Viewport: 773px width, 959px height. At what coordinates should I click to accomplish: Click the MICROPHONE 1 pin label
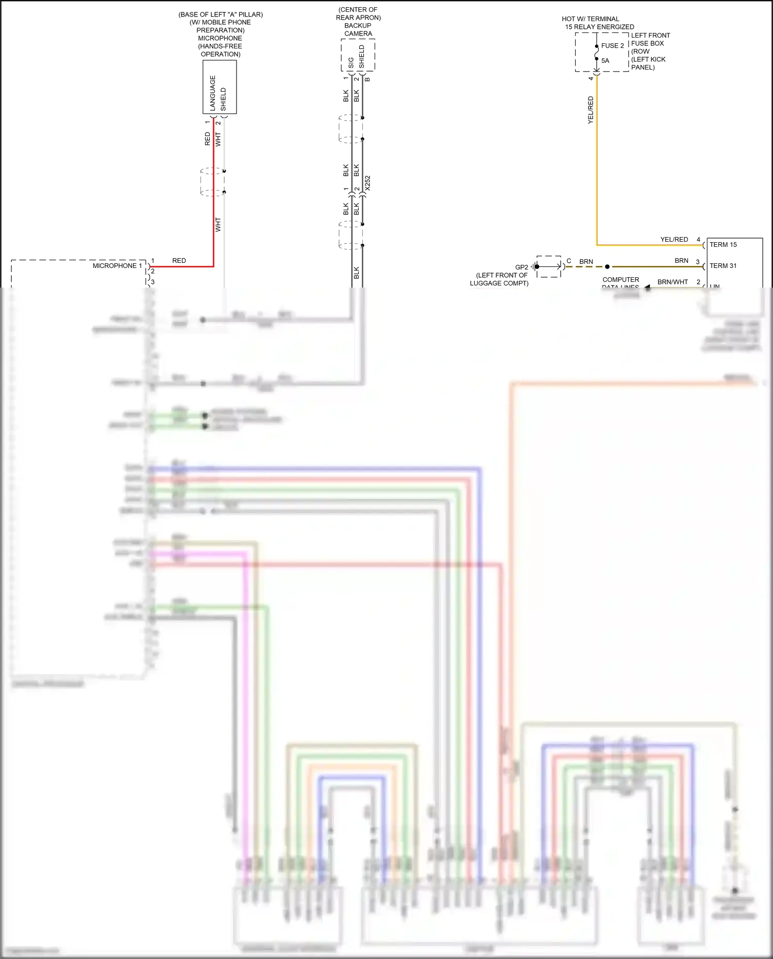tap(117, 266)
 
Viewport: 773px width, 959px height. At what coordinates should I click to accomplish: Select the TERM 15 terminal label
tap(723, 245)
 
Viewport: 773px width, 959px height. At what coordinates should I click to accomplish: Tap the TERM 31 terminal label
tap(723, 266)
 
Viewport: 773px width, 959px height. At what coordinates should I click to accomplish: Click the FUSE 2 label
tap(612, 46)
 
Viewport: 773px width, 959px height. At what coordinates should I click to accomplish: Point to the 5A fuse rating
tap(605, 61)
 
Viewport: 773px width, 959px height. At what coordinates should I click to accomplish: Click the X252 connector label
tap(367, 183)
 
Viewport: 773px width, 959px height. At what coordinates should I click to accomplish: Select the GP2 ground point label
tap(522, 267)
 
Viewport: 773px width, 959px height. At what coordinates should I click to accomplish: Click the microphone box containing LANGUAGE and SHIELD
tap(220, 87)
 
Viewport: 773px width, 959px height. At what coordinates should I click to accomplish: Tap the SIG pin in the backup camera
tap(351, 63)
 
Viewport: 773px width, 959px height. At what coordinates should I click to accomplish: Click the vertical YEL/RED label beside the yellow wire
tap(591, 110)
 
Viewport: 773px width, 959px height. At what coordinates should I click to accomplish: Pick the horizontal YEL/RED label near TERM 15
tap(674, 240)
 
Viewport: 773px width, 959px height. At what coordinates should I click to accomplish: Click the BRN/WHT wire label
tap(673, 282)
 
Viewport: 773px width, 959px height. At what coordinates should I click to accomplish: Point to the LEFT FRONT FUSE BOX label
tap(650, 39)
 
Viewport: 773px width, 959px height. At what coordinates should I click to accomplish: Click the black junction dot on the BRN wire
tap(607, 267)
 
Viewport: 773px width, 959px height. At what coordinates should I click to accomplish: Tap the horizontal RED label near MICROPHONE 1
tap(179, 261)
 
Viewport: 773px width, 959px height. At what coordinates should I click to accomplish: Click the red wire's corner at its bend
tap(213, 266)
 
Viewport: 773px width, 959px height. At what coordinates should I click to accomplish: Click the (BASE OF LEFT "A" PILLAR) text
tap(221, 14)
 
